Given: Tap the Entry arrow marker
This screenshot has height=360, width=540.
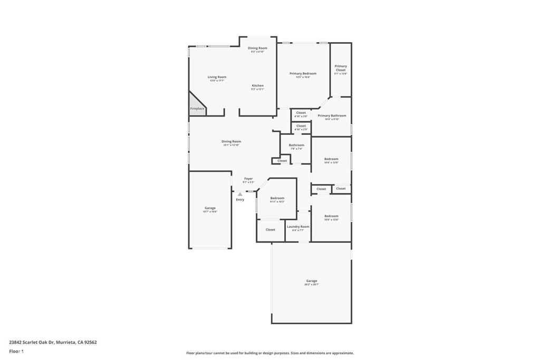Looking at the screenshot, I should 240,194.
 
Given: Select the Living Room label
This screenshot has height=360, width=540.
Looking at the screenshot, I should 217,77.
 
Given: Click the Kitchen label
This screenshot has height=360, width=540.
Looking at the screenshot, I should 257,85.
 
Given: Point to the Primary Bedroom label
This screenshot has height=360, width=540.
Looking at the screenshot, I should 303,73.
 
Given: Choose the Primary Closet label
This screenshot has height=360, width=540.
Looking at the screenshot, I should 341,68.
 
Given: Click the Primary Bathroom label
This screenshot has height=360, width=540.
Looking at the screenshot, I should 332,115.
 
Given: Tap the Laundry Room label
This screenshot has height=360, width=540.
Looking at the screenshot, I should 298,227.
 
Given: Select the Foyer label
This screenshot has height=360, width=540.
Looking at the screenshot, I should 248,179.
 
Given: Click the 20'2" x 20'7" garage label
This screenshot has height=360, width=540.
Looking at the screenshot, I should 312,281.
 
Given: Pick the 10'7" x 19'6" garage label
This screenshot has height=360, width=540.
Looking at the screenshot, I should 210,208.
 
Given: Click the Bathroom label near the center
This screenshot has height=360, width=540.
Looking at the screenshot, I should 296,145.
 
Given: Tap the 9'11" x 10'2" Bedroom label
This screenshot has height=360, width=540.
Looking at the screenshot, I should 277,198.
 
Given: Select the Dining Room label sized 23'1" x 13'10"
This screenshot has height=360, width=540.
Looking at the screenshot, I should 231,141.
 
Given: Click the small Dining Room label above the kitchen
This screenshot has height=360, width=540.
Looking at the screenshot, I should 257,48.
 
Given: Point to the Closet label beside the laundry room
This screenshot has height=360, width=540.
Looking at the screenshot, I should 271,230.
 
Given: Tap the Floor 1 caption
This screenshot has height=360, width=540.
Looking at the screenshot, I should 16,351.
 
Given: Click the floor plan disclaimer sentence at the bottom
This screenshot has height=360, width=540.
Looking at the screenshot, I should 269,353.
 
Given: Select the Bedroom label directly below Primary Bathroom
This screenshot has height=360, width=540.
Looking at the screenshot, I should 331,159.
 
